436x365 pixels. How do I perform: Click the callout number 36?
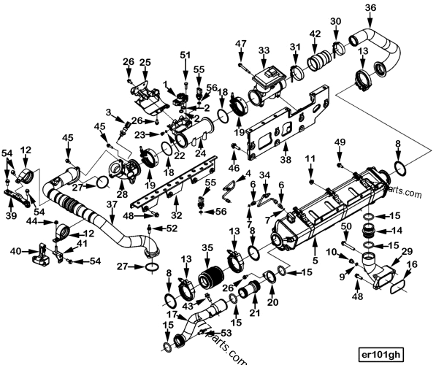pos(371,8)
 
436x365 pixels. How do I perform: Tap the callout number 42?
pos(315,34)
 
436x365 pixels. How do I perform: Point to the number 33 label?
pos(263,50)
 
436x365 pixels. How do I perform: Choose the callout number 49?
pos(340,141)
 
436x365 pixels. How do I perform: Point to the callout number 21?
pos(255,313)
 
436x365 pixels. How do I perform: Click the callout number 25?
pos(145,62)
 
